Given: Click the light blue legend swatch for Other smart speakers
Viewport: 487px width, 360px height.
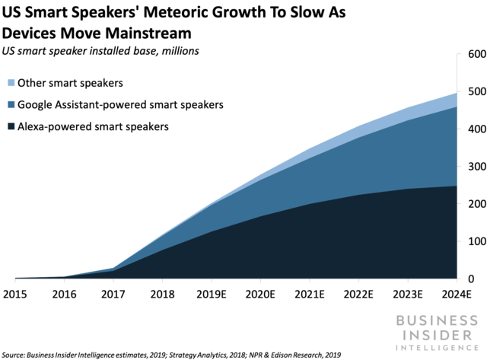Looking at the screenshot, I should pyautogui.click(x=11, y=82).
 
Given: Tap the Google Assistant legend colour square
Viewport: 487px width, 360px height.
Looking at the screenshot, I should pyautogui.click(x=11, y=106).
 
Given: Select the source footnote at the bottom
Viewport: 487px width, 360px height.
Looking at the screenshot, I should pyautogui.click(x=171, y=355).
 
